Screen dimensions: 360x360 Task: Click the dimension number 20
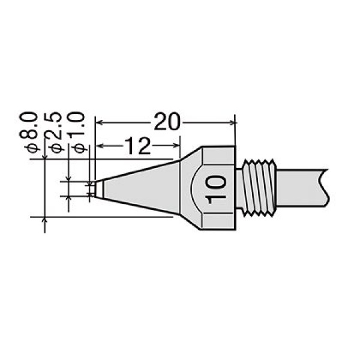[x=166, y=121]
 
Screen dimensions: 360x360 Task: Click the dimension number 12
[x=138, y=146]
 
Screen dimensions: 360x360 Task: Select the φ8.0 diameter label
[x=29, y=132]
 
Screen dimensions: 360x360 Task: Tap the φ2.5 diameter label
[x=53, y=132]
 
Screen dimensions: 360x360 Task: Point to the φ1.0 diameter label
[x=77, y=132]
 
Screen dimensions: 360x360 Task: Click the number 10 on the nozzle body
[x=216, y=189]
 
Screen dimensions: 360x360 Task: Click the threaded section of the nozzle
[x=259, y=188]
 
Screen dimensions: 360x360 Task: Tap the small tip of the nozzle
[x=99, y=189]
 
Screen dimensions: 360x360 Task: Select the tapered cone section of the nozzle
[x=141, y=188]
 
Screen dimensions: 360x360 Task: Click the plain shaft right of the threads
[x=301, y=188]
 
